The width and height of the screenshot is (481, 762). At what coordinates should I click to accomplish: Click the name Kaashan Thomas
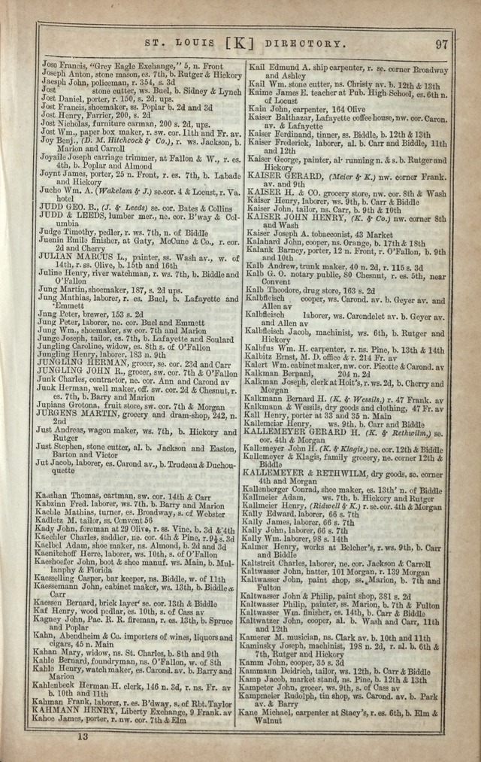pyautogui.click(x=66, y=496)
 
